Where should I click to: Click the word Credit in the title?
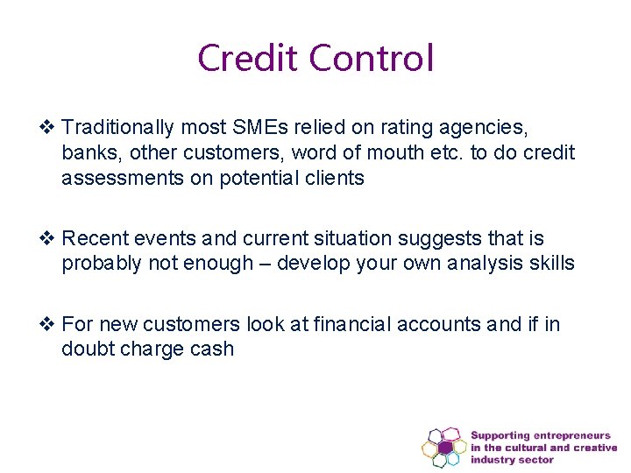coord(250,58)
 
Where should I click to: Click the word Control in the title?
coord(372,58)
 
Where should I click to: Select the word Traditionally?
coord(118,128)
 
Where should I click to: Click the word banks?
coord(90,152)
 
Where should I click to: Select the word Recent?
coord(94,238)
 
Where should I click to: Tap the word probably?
coord(101,264)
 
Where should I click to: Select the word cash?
coord(211,349)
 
